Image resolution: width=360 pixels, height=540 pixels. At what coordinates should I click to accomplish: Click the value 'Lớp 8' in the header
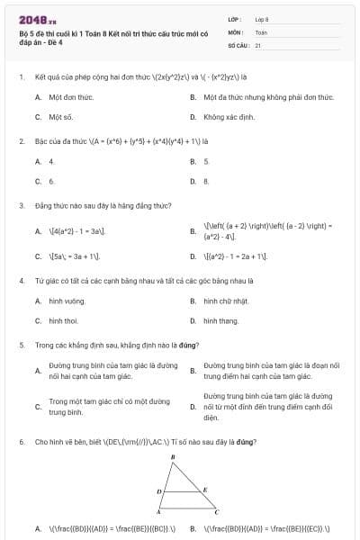[261, 18]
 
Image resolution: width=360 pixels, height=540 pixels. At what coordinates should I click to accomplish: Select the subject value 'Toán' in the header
[261, 31]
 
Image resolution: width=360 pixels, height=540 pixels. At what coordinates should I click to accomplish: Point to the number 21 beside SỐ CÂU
[258, 44]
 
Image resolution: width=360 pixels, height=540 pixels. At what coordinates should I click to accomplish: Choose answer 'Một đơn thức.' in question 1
[71, 97]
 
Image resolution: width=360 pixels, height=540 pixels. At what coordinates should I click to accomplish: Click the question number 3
[21, 205]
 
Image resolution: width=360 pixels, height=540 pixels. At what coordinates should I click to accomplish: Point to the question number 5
[21, 345]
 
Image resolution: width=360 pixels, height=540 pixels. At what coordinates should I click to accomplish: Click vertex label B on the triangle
[172, 458]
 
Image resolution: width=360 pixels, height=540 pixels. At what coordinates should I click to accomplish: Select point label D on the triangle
[158, 491]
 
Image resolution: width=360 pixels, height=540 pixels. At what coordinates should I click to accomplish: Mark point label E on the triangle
[205, 489]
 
